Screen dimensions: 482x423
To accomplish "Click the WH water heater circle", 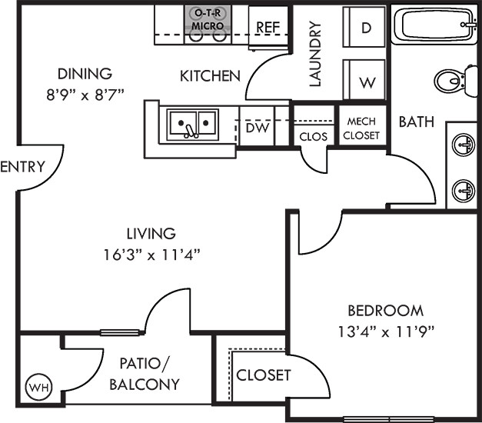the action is pyautogui.click(x=39, y=388).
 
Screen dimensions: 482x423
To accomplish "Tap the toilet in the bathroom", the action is pyautogui.click(x=456, y=82).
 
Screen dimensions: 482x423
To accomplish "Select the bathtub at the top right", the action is pyautogui.click(x=434, y=25).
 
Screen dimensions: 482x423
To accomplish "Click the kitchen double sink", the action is pyautogui.click(x=193, y=125).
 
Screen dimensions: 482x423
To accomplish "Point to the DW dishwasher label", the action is pyautogui.click(x=258, y=128).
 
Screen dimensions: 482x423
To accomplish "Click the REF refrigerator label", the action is pyautogui.click(x=268, y=28).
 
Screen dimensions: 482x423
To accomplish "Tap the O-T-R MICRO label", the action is pyautogui.click(x=208, y=19).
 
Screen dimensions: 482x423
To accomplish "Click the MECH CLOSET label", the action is pyautogui.click(x=361, y=128).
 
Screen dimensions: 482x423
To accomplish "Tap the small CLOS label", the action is pyautogui.click(x=313, y=137).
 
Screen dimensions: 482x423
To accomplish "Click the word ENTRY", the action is pyautogui.click(x=23, y=167).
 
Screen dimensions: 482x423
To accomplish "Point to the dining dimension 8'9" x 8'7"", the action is pyautogui.click(x=85, y=95).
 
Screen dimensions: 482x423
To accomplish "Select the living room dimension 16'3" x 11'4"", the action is pyautogui.click(x=151, y=255).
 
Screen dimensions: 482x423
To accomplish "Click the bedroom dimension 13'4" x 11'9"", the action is pyautogui.click(x=386, y=332).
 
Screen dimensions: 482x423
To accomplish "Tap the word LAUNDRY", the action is pyautogui.click(x=315, y=54).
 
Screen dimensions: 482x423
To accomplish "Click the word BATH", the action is pyautogui.click(x=417, y=122).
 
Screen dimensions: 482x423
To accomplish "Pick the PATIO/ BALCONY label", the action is pyautogui.click(x=145, y=374).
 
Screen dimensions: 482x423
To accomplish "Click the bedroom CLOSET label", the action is pyautogui.click(x=264, y=375).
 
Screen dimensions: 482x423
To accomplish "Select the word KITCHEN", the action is pyautogui.click(x=210, y=76).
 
